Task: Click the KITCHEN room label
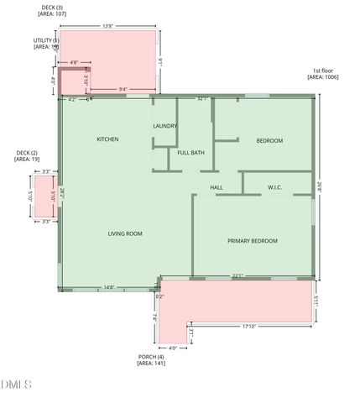point(107,139)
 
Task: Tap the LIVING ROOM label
point(124,233)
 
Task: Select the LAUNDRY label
point(164,126)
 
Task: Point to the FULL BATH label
point(190,153)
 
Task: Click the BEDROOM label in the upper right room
point(269,140)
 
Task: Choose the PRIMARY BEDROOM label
point(252,241)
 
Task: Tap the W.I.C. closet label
point(278,187)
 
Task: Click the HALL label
point(217,187)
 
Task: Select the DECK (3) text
point(51,7)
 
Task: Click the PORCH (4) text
point(151,357)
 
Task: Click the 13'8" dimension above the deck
point(107,26)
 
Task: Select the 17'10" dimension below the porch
point(248,327)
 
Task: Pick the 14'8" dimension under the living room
point(109,288)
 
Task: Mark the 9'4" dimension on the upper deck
point(123,89)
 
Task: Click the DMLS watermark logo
point(16,385)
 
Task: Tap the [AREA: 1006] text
point(322,77)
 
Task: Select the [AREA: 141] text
point(151,364)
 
